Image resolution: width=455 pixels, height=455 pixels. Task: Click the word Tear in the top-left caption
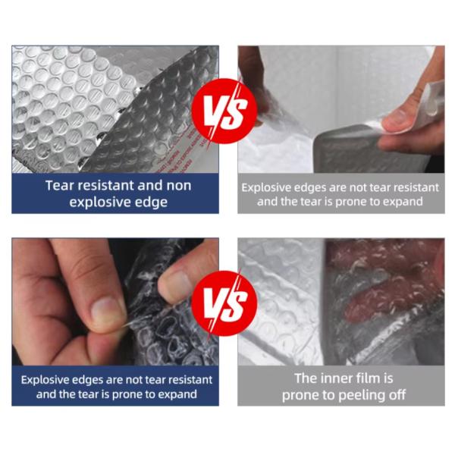point(58,186)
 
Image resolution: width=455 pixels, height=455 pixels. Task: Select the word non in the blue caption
point(179,186)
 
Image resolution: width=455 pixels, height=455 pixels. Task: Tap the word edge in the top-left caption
point(153,202)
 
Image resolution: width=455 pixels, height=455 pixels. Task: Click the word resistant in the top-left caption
point(104,186)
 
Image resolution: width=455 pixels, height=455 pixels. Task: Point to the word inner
point(340,378)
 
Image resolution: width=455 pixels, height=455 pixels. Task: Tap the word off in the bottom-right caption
point(397,394)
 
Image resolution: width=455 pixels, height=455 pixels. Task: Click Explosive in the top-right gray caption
point(264,188)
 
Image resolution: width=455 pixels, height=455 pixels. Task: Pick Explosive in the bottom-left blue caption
point(43,380)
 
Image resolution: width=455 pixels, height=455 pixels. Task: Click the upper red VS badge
point(224,111)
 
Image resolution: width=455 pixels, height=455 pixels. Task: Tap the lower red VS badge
point(224,303)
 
